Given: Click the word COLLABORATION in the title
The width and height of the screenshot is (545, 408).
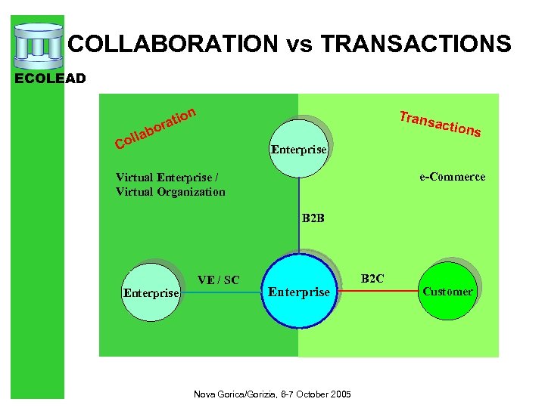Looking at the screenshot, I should (173, 44).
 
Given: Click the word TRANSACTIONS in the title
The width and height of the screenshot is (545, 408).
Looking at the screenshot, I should (416, 44).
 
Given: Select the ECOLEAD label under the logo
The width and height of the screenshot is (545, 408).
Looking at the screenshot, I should (56, 78).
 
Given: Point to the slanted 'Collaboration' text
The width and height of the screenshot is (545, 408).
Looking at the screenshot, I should (156, 126).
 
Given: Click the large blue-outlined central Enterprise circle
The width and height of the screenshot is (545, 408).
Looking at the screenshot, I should (299, 291).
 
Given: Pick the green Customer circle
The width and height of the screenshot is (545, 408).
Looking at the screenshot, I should (447, 291).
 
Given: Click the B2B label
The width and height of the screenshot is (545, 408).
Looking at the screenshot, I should (313, 219).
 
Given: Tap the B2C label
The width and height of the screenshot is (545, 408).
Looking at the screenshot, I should (372, 279).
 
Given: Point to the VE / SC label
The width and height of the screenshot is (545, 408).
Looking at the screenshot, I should (218, 280).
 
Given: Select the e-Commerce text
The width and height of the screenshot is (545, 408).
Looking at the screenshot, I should (453, 177).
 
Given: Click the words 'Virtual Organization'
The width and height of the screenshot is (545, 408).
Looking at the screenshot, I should (170, 192).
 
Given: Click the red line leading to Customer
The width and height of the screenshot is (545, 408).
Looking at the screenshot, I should (378, 291).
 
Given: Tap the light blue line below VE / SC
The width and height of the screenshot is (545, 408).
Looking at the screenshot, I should (223, 291).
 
